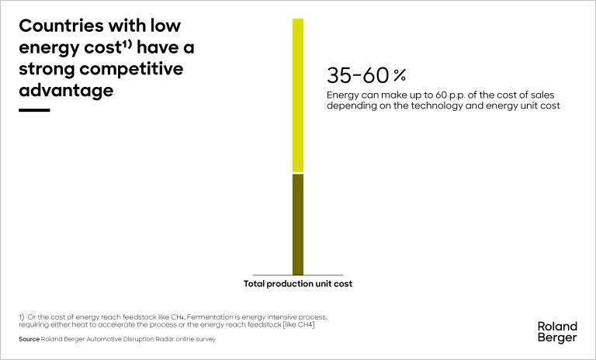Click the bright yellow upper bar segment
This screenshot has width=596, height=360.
pyautogui.click(x=298, y=95)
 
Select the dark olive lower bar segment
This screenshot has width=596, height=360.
pyautogui.click(x=298, y=224)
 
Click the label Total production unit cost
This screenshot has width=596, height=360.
pyautogui.click(x=298, y=284)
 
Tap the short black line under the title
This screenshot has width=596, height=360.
pyautogui.click(x=34, y=110)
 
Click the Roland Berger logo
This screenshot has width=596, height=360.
pyautogui.click(x=557, y=332)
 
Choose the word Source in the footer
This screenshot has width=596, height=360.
pyautogui.click(x=29, y=339)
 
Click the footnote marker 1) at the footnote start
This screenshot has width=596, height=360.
pyautogui.click(x=22, y=317)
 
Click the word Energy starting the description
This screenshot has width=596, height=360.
pyautogui.click(x=342, y=95)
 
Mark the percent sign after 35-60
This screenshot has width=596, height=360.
pyautogui.click(x=399, y=75)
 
